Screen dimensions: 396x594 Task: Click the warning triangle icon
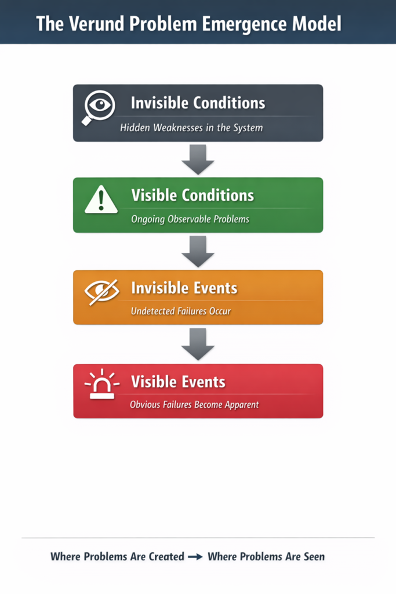pos(101,200)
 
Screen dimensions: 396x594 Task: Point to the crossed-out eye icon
pos(102,291)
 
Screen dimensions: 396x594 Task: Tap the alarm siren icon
pos(102,384)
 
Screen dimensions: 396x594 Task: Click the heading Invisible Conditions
pos(198,103)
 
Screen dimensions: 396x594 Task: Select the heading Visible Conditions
pos(192,195)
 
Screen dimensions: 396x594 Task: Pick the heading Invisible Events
pos(184,288)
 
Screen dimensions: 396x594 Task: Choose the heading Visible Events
pos(179,382)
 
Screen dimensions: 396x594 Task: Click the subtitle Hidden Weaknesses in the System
pos(191,128)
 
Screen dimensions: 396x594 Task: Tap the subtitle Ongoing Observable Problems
pos(190,219)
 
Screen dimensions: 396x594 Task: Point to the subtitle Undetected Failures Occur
pos(181,311)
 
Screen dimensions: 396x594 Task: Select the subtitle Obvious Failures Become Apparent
pos(195,404)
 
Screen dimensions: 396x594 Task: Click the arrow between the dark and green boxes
pos(198,160)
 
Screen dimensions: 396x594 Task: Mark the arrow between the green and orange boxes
pos(198,252)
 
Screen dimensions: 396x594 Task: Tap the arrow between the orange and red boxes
pos(198,344)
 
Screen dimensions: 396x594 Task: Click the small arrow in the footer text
pos(195,557)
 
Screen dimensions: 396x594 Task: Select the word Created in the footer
pos(166,556)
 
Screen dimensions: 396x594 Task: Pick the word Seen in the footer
pos(314,556)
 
